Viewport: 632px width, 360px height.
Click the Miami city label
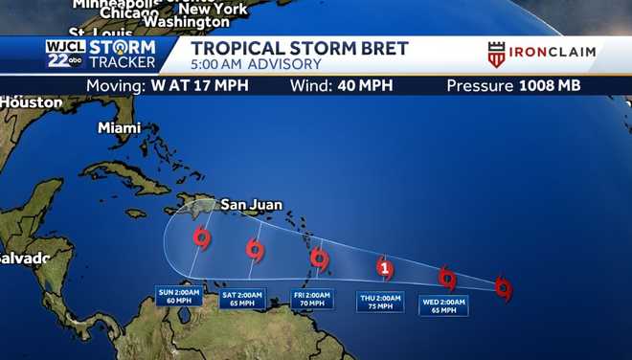pyautogui.click(x=119, y=128)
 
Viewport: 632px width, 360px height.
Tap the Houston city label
pyautogui.click(x=32, y=102)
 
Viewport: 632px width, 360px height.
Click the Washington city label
pyautogui.click(x=187, y=21)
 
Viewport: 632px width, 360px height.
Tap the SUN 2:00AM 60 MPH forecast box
pyautogui.click(x=180, y=297)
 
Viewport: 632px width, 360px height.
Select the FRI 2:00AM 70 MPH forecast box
pyautogui.click(x=312, y=300)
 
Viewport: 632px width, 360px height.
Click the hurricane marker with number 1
pyautogui.click(x=385, y=268)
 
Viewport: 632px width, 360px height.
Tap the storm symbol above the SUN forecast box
pyautogui.click(x=201, y=236)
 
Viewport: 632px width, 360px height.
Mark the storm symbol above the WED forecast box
pyautogui.click(x=447, y=278)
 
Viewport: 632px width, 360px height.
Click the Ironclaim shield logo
pyautogui.click(x=496, y=55)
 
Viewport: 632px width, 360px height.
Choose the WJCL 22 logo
pyautogui.click(x=64, y=54)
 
